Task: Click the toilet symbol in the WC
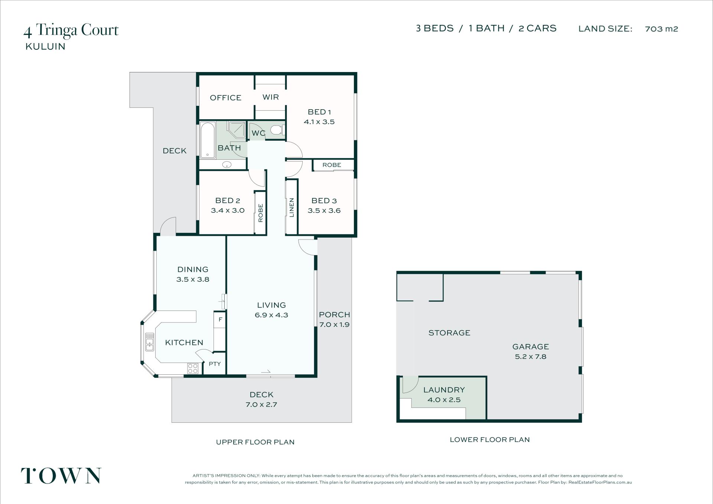tap(277, 130)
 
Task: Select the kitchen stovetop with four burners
tap(193, 368)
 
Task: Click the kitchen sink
tap(149, 342)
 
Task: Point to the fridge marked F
tap(220, 319)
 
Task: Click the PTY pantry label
tap(215, 364)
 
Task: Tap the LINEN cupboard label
tap(292, 207)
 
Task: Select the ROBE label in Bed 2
tap(260, 213)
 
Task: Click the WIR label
tap(270, 97)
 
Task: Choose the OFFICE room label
tap(225, 98)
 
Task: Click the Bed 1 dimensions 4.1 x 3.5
tap(319, 122)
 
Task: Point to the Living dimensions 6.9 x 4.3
tap(271, 315)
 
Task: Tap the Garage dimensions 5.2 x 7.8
tap(530, 357)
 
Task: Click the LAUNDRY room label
tap(444, 390)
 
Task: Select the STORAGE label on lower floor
tap(449, 333)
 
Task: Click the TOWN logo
tap(61, 476)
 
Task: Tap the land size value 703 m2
tap(661, 29)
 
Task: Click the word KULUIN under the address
tap(45, 46)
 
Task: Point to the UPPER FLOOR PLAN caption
tap(255, 442)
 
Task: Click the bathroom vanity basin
tap(227, 165)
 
